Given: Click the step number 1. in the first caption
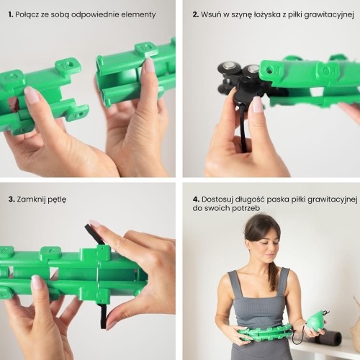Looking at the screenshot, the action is point(11,14).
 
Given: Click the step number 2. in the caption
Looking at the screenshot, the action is point(196,14).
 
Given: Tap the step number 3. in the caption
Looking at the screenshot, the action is point(12,199).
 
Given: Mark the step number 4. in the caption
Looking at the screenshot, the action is point(197,199).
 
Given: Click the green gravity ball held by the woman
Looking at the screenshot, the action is point(315,321).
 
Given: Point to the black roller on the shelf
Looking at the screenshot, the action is point(330,337).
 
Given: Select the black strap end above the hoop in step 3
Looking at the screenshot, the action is point(94,232).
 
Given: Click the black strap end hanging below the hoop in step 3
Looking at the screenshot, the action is point(104,315).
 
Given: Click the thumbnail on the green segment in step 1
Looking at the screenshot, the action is point(31,94).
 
